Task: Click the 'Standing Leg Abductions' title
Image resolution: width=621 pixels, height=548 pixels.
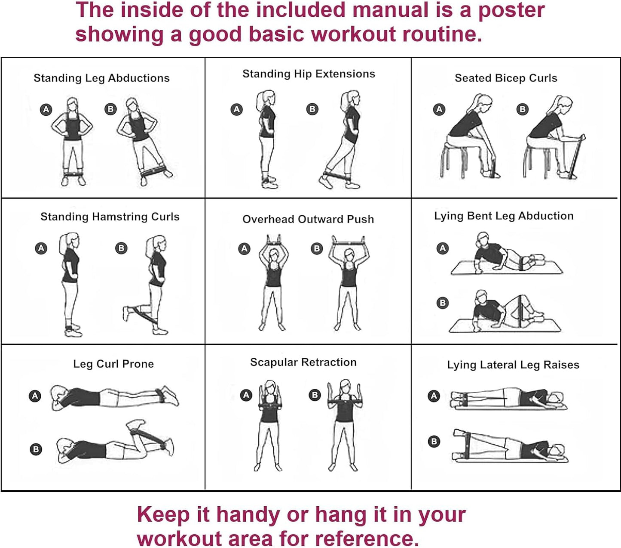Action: pyautogui.click(x=101, y=78)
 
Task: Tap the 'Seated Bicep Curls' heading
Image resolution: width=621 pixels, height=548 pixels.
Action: pyautogui.click(x=506, y=78)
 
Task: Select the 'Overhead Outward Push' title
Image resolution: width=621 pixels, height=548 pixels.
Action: pyautogui.click(x=308, y=219)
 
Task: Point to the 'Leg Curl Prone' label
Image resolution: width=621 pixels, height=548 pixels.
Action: pyautogui.click(x=113, y=364)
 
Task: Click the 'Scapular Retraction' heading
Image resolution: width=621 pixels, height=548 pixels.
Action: pyautogui.click(x=303, y=362)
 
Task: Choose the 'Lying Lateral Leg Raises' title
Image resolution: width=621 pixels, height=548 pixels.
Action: pyautogui.click(x=513, y=365)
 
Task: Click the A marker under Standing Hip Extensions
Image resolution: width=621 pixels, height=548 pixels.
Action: pyautogui.click(x=237, y=109)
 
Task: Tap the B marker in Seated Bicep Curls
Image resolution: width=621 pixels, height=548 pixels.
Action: pyautogui.click(x=523, y=109)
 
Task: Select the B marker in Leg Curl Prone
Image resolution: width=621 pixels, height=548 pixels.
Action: pyautogui.click(x=36, y=449)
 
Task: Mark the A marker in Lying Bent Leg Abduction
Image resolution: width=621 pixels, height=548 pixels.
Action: pyautogui.click(x=443, y=248)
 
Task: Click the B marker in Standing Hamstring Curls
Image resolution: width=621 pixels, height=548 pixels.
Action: pyautogui.click(x=122, y=248)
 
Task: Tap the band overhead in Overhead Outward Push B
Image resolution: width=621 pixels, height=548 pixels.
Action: pyautogui.click(x=348, y=243)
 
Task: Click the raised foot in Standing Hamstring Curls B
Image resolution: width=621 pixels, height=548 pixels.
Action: pyautogui.click(x=126, y=313)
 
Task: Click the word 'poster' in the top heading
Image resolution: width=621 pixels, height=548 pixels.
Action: pyautogui.click(x=511, y=10)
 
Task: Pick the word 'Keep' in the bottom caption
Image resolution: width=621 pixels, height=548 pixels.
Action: pyautogui.click(x=163, y=514)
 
